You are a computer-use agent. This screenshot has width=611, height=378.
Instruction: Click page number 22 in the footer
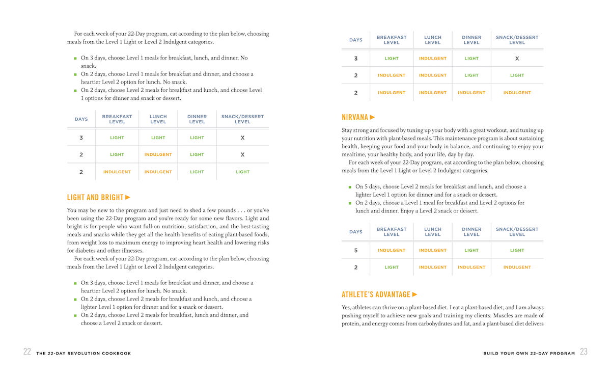tap(27, 352)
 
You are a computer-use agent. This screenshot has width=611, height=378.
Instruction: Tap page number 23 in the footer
tap(584, 352)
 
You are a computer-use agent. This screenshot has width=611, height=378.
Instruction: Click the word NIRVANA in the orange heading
tap(355, 117)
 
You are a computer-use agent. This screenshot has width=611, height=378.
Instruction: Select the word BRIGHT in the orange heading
tap(112, 197)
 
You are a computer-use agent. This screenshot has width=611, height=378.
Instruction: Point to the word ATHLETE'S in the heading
tap(358, 294)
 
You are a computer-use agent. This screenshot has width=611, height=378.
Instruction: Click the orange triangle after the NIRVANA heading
tap(373, 117)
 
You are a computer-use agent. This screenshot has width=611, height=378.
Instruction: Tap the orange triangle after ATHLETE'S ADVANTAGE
tap(414, 294)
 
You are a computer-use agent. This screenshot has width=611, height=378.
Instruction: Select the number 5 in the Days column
tap(356, 250)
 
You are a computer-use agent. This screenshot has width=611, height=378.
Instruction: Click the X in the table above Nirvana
tap(517, 59)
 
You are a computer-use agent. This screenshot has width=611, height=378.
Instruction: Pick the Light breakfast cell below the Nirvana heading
tap(392, 267)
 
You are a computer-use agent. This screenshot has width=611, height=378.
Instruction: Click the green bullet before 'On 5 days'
tap(350, 187)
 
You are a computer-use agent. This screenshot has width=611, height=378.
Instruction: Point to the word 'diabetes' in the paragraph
tap(78, 251)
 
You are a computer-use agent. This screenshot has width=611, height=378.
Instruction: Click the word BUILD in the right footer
tap(491, 353)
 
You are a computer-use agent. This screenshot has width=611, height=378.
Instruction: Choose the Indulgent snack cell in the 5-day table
tap(517, 267)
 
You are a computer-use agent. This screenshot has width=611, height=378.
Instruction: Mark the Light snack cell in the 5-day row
tap(517, 250)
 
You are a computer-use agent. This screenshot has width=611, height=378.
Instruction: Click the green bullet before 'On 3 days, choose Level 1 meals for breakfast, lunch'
tap(75, 59)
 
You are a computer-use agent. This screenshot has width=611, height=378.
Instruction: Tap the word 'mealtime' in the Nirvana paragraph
tap(355, 154)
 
